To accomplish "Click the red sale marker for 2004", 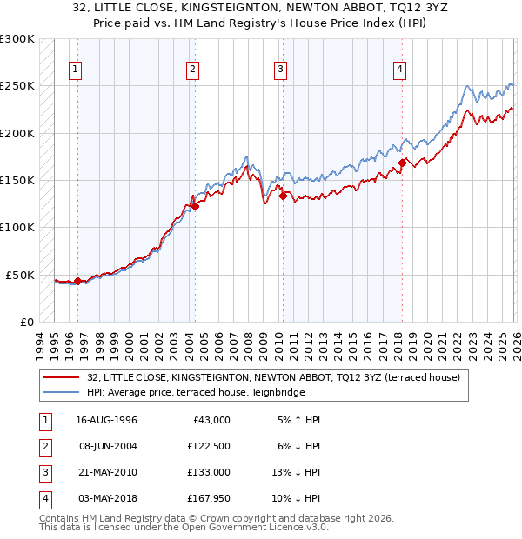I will [x=196, y=206].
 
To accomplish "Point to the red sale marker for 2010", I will [x=284, y=196].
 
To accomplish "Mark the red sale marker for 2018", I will [x=402, y=163].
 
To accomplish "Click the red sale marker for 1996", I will [x=77, y=281].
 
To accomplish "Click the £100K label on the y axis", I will [x=17, y=227].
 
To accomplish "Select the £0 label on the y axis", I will [x=26, y=322].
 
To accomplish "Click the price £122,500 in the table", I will [x=206, y=446].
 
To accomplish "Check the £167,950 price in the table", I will [x=206, y=498].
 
